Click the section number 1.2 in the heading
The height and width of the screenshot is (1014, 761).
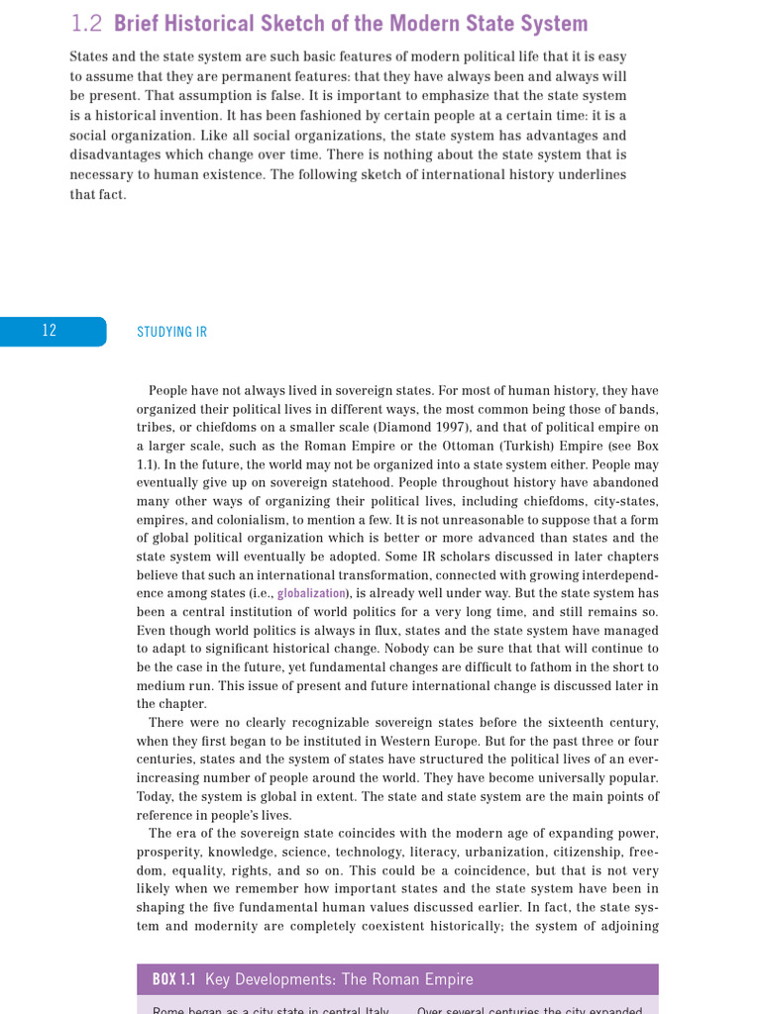click(x=87, y=24)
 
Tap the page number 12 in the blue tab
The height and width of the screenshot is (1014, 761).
click(x=50, y=332)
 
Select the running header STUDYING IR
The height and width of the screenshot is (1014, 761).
click(x=171, y=333)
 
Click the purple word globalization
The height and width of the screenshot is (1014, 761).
click(x=312, y=593)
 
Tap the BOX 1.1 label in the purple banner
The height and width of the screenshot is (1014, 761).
click(x=173, y=980)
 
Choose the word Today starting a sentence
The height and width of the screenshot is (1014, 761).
click(x=155, y=797)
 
